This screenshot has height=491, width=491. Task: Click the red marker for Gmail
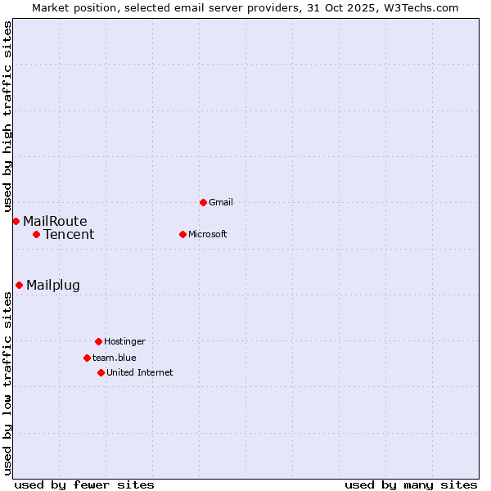203,202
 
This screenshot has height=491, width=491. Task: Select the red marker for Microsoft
182,234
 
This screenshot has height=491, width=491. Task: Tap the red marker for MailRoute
16,221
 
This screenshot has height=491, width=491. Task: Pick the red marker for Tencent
36,234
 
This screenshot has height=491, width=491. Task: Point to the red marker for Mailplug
19,285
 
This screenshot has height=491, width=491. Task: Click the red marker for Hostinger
98,341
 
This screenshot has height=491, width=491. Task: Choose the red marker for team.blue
87,358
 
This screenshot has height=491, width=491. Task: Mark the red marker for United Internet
101,372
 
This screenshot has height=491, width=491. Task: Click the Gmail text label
221,202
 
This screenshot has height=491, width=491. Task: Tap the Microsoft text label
208,234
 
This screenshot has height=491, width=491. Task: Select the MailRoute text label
55,221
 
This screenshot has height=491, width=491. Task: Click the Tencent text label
69,235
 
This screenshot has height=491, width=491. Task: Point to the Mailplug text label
53,286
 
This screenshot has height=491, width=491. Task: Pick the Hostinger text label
124,341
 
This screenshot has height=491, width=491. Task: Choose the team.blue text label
115,358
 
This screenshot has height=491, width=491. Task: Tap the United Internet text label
140,372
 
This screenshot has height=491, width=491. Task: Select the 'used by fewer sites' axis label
84,484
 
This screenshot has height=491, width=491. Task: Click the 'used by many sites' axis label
411,484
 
